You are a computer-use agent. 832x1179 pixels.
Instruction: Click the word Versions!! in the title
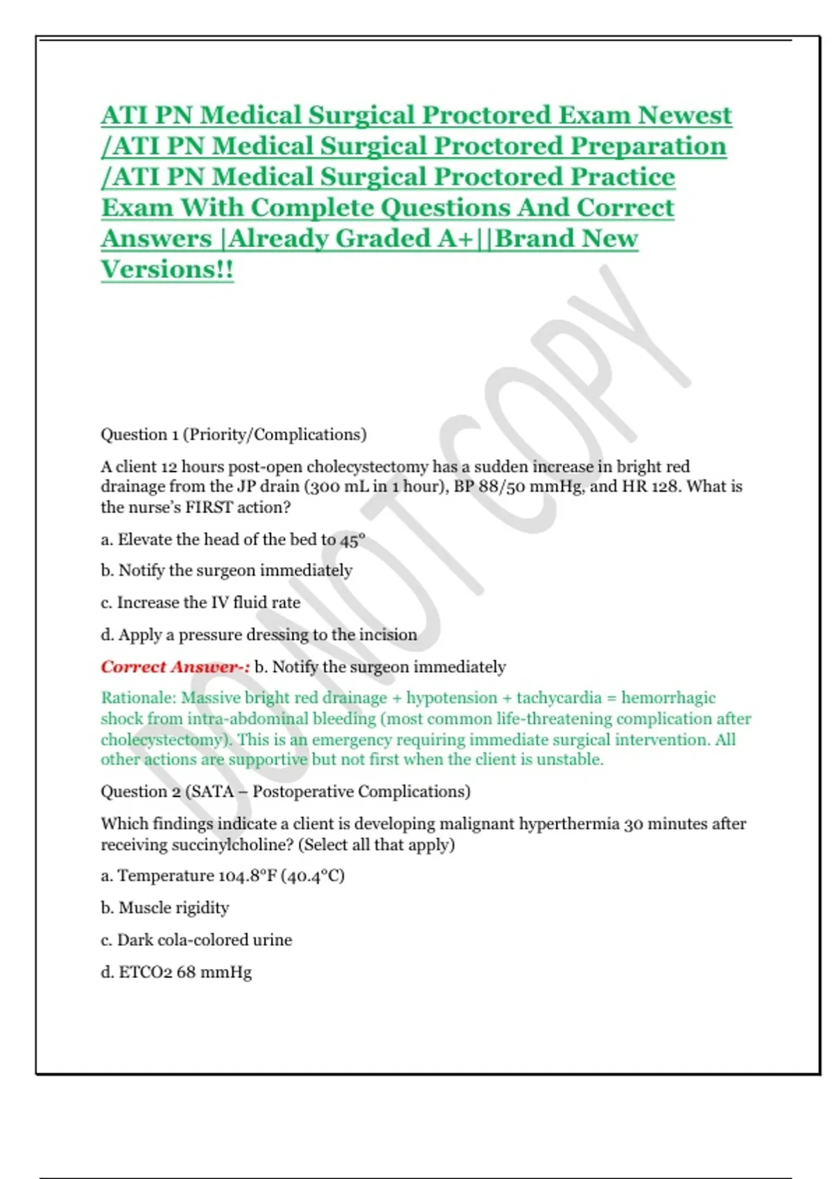point(167,269)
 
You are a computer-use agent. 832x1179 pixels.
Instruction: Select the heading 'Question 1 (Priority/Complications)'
point(233,435)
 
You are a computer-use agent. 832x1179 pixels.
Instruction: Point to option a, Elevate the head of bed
point(233,540)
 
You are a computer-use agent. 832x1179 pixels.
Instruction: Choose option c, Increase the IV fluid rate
point(200,602)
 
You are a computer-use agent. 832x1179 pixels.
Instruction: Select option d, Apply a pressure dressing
point(259,635)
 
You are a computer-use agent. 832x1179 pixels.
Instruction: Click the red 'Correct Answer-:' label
point(175,667)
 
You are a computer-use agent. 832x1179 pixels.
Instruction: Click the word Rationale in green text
point(138,698)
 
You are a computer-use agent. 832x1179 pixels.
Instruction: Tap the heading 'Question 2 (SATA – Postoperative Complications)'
point(285,791)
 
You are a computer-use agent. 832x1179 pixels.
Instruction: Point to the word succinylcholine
point(231,845)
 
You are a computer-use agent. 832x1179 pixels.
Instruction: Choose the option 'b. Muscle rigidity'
point(165,908)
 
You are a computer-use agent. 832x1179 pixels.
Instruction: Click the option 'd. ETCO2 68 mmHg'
point(176,972)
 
